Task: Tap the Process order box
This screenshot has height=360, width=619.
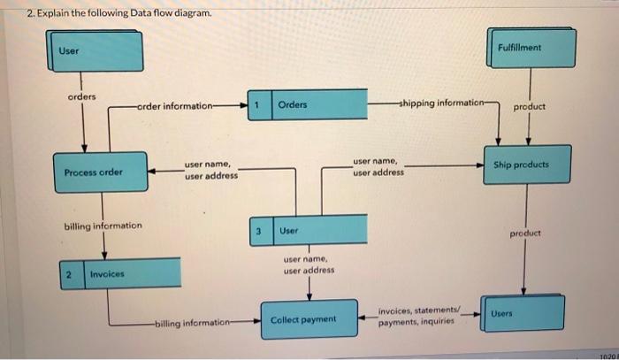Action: [x=94, y=172]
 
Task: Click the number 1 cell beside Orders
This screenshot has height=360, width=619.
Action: [x=256, y=104]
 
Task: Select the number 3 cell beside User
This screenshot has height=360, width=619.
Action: [x=258, y=231]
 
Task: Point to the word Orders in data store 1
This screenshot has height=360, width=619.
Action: [x=292, y=104]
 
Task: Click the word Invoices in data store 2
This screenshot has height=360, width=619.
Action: [x=107, y=275]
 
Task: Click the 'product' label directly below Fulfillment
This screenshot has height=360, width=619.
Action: [x=529, y=107]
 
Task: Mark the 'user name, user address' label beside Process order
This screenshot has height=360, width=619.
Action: [x=210, y=170]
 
